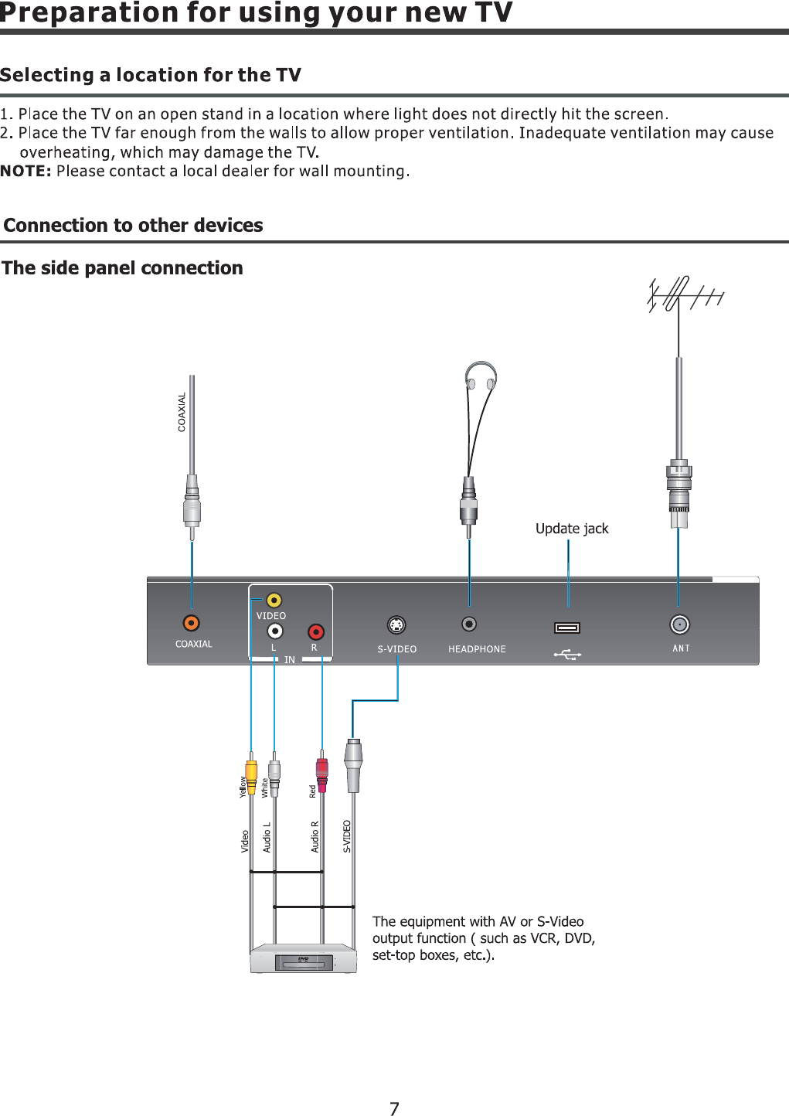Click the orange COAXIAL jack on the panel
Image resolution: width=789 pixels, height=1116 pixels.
pyautogui.click(x=191, y=623)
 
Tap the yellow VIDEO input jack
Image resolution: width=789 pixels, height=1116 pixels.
pyautogui.click(x=274, y=600)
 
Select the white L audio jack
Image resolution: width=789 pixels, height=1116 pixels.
pyautogui.click(x=274, y=631)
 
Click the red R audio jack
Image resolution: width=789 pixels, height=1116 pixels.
pyautogui.click(x=315, y=632)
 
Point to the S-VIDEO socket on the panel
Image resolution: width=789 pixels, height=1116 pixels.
pyautogui.click(x=396, y=624)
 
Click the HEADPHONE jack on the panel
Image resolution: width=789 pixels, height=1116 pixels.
pyautogui.click(x=468, y=624)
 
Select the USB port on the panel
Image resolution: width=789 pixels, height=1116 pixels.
pyautogui.click(x=567, y=628)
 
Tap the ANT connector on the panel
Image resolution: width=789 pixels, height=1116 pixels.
pyautogui.click(x=679, y=624)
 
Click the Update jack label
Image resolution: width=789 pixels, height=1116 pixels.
pyautogui.click(x=572, y=529)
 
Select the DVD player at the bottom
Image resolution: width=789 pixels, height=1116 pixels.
pyautogui.click(x=303, y=958)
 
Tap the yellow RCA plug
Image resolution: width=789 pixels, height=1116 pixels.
pyautogui.click(x=251, y=773)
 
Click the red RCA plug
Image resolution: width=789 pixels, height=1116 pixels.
pyautogui.click(x=322, y=772)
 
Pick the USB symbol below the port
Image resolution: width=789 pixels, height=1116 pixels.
pyautogui.click(x=567, y=655)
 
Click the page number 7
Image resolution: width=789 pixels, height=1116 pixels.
pyautogui.click(x=394, y=1109)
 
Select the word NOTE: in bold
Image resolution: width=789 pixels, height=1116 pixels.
pyautogui.click(x=26, y=171)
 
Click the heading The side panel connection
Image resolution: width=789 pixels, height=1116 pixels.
pyautogui.click(x=123, y=268)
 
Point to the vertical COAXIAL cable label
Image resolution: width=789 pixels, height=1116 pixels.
pyautogui.click(x=182, y=412)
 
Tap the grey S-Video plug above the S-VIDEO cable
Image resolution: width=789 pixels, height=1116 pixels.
pyautogui.click(x=353, y=765)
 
